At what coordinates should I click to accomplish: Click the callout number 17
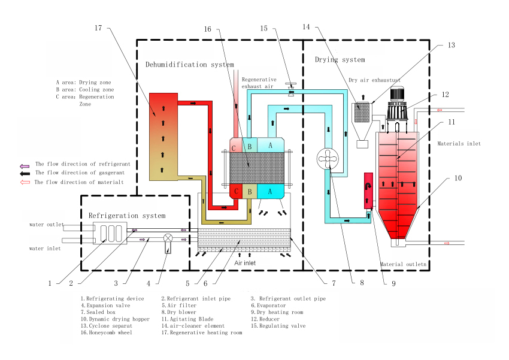pos(98,28)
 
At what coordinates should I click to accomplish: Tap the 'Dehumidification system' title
pos(190,65)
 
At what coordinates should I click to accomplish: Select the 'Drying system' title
pos(340,60)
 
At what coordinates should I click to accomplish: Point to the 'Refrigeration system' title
pos(127,216)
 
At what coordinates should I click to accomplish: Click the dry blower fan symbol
pos(328,159)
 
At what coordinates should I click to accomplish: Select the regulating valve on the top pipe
pos(291,87)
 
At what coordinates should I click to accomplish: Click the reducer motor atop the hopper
pos(396,104)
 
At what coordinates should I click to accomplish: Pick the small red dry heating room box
pos(368,190)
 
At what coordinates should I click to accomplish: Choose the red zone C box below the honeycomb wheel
pos(236,191)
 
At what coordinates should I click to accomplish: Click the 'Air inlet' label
pos(245,263)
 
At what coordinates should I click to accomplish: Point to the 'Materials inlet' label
pos(459,144)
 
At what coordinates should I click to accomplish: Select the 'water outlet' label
pos(47,224)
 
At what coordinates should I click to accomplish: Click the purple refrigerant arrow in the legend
pos(25,166)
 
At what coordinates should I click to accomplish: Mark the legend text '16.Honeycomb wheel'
pos(107,332)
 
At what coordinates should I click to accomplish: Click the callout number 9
pos(393,284)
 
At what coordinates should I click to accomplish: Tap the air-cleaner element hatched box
pos(362,113)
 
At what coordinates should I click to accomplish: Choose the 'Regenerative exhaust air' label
pos(259,83)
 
